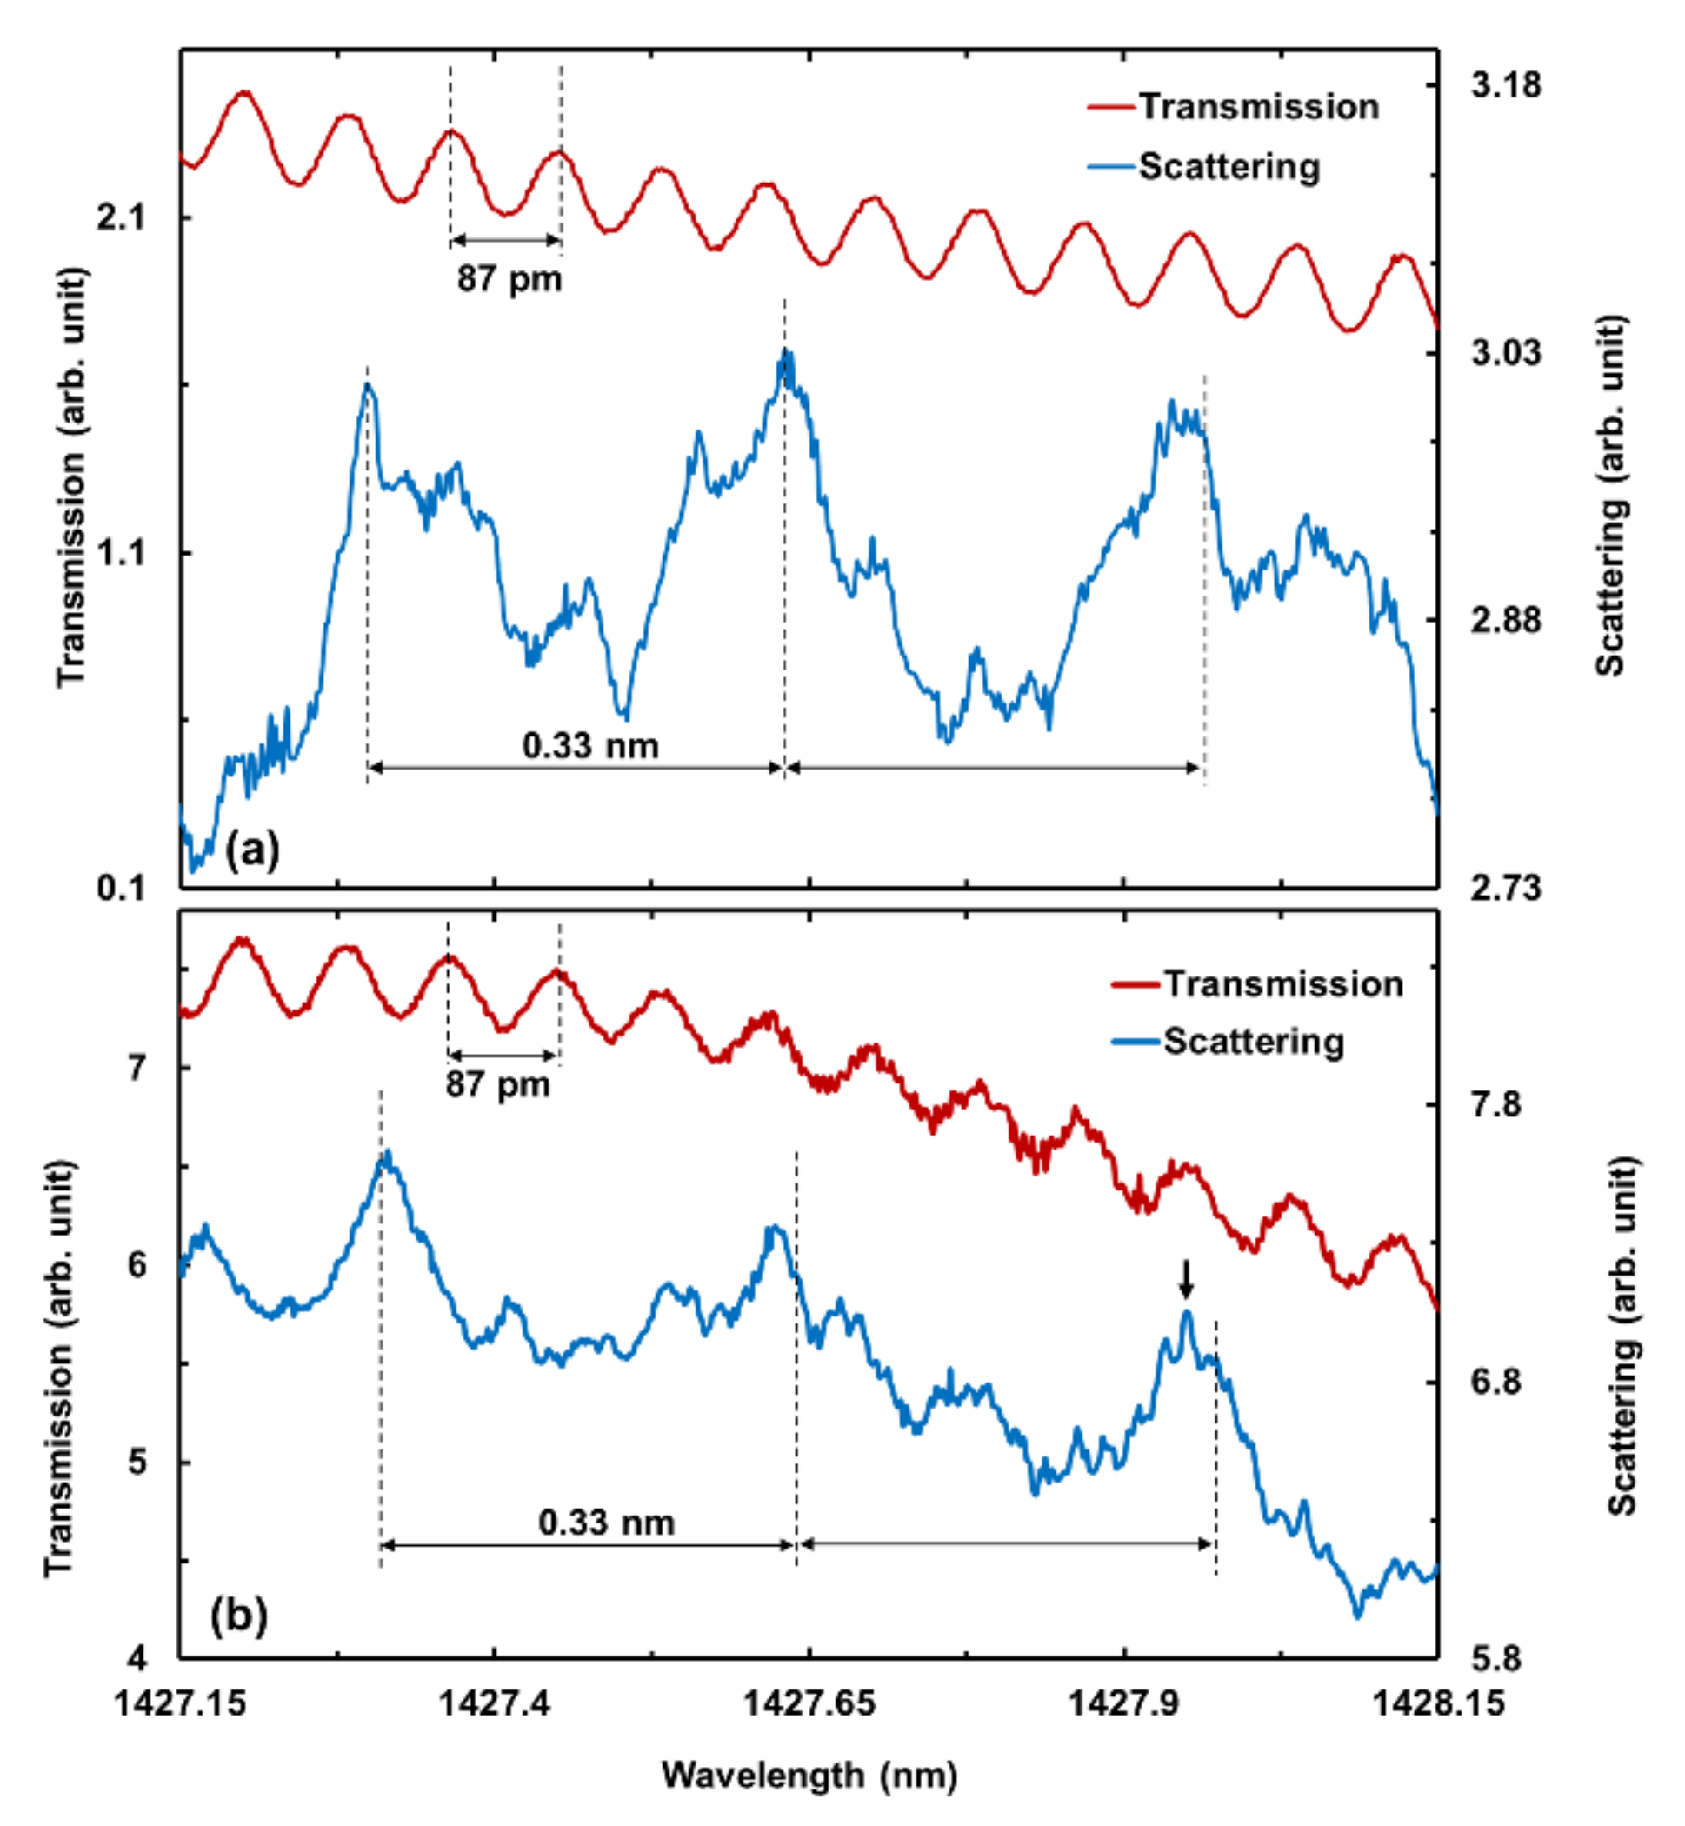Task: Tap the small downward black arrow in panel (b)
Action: [1184, 1278]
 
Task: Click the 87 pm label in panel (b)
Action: [498, 1085]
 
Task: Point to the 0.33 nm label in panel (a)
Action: [590, 746]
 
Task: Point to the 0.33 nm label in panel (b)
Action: [606, 1523]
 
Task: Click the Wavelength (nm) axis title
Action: [809, 1775]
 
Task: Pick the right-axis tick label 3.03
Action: [1505, 352]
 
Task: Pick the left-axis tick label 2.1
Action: [120, 218]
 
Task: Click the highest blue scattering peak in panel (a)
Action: [786, 354]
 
